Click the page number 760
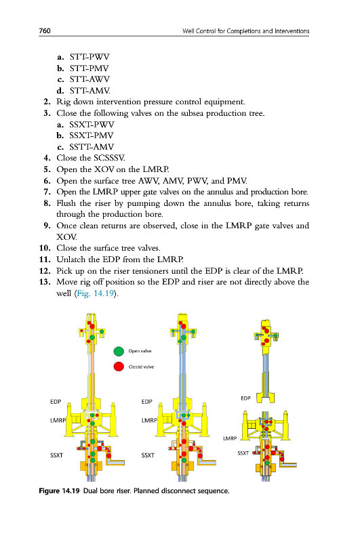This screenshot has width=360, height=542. tap(45, 30)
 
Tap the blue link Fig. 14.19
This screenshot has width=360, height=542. tap(96, 293)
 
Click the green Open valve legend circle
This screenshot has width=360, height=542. tap(119, 351)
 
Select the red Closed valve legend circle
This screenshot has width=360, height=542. tap(119, 367)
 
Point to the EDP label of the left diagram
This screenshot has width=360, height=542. tap(56, 402)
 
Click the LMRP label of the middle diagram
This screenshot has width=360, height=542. tap(149, 420)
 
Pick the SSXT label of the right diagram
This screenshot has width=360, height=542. tap(243, 453)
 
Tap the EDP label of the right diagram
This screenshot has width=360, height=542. tap(245, 398)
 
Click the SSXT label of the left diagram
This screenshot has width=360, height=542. tap(57, 455)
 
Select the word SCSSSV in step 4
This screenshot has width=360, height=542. tap(109, 158)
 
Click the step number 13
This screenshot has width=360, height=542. tap(45, 282)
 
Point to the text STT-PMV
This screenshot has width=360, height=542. tap(89, 68)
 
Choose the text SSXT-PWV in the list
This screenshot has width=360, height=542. tap(92, 125)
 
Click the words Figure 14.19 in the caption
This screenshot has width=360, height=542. tap(59, 491)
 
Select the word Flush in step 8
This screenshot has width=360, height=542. tap(66, 203)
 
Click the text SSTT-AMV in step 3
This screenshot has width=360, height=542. tap(92, 147)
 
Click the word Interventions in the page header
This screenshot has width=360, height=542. tap(292, 30)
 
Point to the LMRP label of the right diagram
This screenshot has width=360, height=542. tap(230, 438)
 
